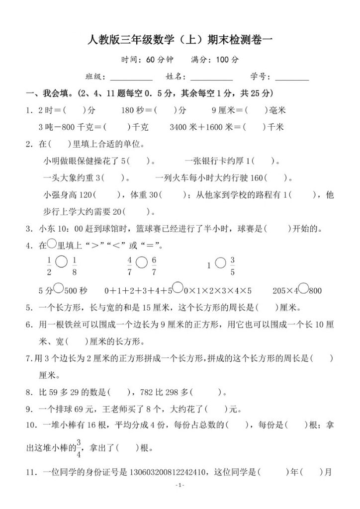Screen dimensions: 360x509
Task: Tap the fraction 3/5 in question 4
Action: [x=233, y=266]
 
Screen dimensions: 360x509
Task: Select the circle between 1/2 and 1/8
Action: [x=62, y=261]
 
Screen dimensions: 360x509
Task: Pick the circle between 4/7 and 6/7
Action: [x=141, y=261]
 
